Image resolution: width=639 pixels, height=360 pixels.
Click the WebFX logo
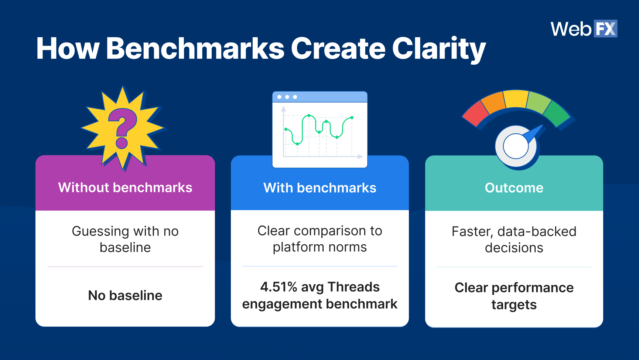pos(584,29)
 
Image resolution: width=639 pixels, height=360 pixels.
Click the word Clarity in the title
pos(439,49)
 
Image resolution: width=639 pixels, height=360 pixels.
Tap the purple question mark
pos(122,128)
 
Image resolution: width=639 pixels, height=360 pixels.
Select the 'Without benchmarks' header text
pos(125,187)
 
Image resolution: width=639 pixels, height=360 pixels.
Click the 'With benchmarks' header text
pos(319,188)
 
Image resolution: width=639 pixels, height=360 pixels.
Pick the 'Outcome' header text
pos(514,188)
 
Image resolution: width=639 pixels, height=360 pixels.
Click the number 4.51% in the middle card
pos(279,287)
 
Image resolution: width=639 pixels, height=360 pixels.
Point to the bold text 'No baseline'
pos(125,295)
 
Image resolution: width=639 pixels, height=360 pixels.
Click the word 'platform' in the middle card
pos(293,247)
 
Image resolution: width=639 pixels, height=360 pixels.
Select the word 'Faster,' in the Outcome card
pos(472,231)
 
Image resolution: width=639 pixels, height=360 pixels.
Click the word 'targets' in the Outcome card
pos(514,305)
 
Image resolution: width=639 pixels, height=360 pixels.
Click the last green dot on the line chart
pos(352,118)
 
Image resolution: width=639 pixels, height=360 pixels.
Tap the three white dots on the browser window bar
pos(287,97)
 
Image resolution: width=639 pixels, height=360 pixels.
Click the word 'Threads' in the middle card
pos(353,287)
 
